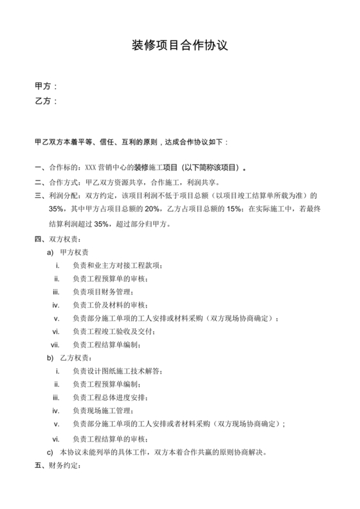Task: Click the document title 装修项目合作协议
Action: point(180,46)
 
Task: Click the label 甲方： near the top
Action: point(46,86)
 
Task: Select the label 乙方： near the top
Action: point(46,101)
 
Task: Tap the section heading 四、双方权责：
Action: point(58,240)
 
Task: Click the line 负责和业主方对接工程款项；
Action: point(118,265)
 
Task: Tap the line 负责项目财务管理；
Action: point(109,292)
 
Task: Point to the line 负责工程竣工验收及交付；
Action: point(114,331)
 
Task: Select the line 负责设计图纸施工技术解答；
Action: point(118,371)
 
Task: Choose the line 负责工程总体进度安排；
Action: point(114,397)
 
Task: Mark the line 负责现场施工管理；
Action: point(105,411)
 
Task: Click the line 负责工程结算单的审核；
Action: point(114,438)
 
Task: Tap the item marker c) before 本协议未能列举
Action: point(51,452)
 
